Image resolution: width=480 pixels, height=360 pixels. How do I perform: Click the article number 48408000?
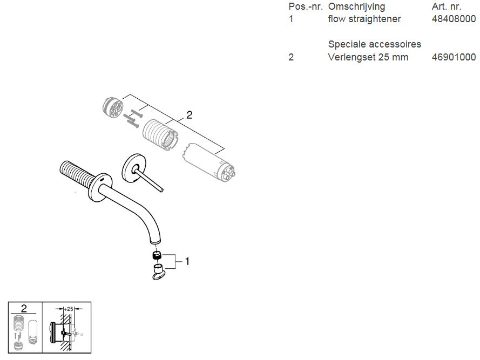pyautogui.click(x=454, y=19)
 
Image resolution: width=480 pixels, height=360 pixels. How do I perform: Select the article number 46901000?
pyautogui.click(x=454, y=57)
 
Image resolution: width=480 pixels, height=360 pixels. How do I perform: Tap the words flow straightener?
pyautogui.click(x=364, y=19)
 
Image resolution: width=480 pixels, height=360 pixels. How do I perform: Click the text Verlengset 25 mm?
pyautogui.click(x=368, y=57)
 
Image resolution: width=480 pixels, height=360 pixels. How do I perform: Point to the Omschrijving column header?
pyautogui.click(x=357, y=6)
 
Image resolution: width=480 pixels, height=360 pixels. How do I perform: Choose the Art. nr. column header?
pyautogui.click(x=447, y=6)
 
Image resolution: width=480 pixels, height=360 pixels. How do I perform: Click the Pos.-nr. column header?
pyautogui.click(x=306, y=6)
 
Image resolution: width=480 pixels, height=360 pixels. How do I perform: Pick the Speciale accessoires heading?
pyautogui.click(x=374, y=44)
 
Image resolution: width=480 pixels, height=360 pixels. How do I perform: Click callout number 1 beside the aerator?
pyautogui.click(x=187, y=261)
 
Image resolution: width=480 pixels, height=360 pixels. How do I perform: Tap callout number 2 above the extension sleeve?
pyautogui.click(x=189, y=115)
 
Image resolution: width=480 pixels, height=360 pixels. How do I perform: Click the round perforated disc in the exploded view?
pyautogui.click(x=113, y=107)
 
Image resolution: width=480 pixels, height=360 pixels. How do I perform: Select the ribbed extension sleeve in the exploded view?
pyautogui.click(x=160, y=135)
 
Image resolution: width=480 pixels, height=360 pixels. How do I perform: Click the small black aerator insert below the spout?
pyautogui.click(x=157, y=255)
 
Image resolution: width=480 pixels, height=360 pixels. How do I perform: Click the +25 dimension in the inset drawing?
pyautogui.click(x=69, y=309)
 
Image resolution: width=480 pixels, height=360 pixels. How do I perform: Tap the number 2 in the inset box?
pyautogui.click(x=24, y=309)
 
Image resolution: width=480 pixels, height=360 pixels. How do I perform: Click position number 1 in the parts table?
pyautogui.click(x=291, y=19)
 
